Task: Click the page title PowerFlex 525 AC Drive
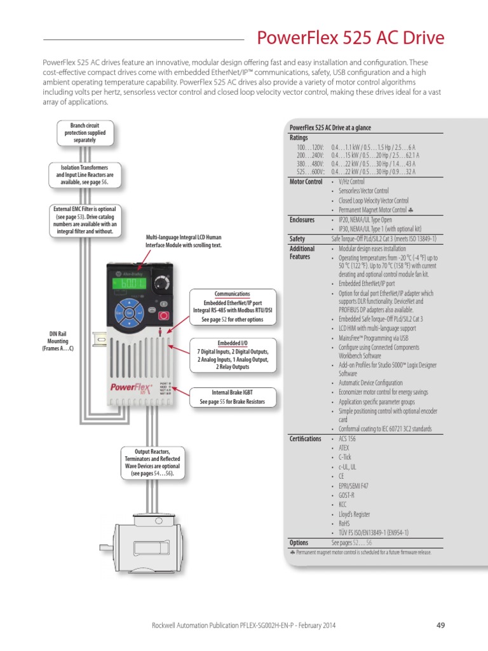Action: [x=350, y=38]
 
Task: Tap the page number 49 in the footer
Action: [x=440, y=625]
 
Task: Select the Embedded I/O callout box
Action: [x=233, y=354]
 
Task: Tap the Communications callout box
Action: [x=232, y=306]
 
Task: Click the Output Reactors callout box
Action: [x=152, y=462]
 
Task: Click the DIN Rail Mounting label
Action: [x=58, y=341]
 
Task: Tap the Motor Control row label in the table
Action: [x=306, y=182]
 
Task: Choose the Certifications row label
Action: [x=305, y=439]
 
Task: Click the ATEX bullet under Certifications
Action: [x=343, y=448]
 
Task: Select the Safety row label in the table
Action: [x=297, y=239]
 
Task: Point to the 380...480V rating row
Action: [x=356, y=163]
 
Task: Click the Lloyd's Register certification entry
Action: [x=354, y=514]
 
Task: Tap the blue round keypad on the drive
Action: [x=130, y=312]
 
